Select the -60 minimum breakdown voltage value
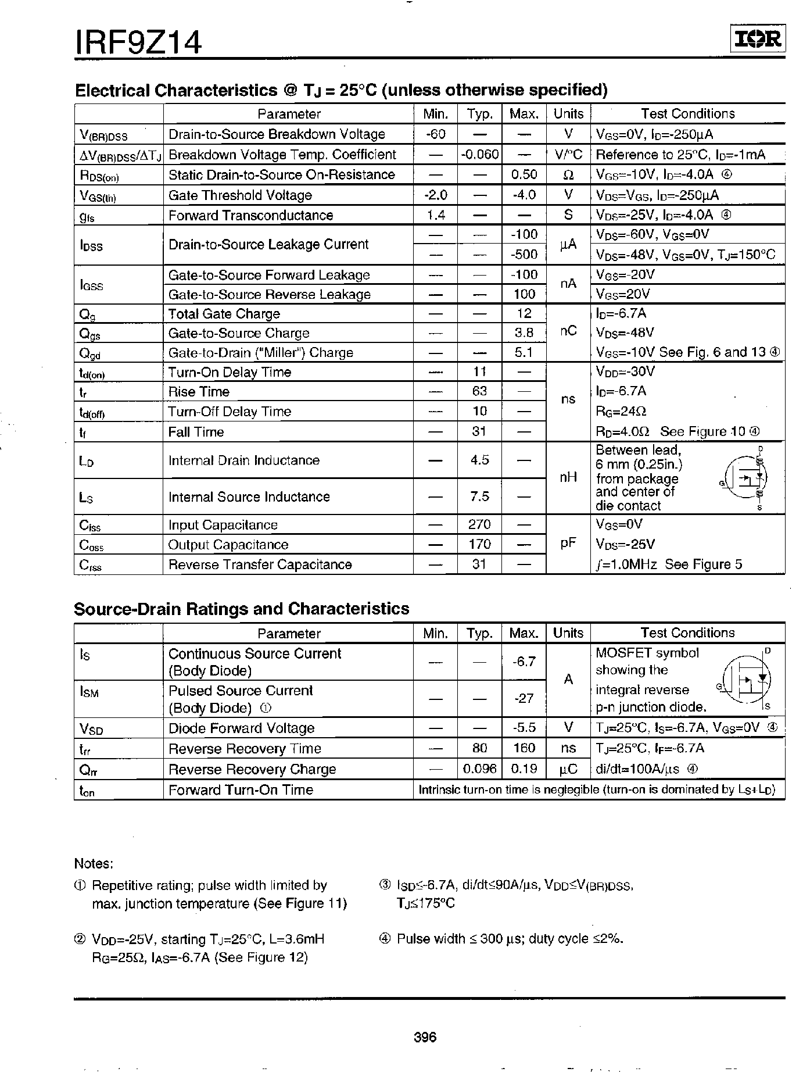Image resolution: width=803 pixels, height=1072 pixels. click(435, 134)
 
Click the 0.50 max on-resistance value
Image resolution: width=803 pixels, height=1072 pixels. click(524, 174)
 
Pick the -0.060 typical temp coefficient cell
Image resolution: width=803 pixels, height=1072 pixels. click(479, 155)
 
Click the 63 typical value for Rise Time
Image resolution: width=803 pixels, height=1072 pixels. click(479, 391)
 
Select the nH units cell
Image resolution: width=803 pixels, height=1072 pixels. click(568, 477)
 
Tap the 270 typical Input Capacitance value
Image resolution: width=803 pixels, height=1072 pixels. click(479, 524)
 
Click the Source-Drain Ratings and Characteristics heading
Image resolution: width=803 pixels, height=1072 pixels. click(242, 609)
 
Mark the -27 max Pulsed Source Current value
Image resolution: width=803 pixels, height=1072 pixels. click(524, 698)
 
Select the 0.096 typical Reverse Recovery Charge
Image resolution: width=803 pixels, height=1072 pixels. click(479, 769)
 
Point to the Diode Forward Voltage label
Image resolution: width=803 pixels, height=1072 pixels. click(241, 728)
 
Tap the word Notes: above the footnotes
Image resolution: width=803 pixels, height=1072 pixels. click(94, 863)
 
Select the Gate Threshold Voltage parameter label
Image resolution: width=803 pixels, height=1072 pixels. click(240, 195)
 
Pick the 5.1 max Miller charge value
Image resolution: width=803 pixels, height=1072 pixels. click(524, 352)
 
